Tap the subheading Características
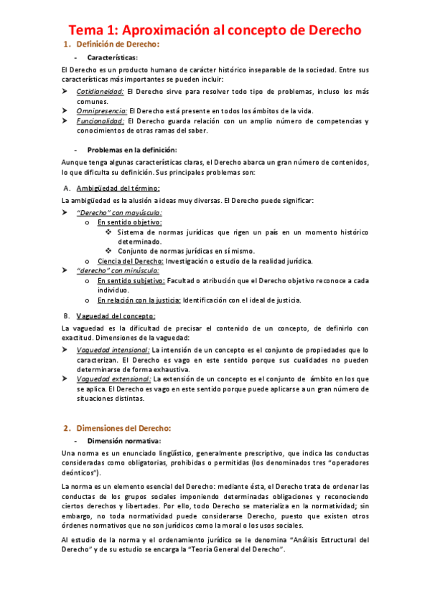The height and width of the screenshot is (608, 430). coord(113,57)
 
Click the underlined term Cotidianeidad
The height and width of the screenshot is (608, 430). coord(101,92)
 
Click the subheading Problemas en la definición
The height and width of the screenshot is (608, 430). coord(131,150)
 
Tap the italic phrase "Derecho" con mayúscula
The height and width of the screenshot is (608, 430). coord(119,213)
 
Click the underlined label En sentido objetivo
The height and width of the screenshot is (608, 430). coord(129,223)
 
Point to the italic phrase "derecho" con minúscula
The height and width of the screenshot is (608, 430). coord(119,271)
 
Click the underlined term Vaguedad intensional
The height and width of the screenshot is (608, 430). coord(113,349)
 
